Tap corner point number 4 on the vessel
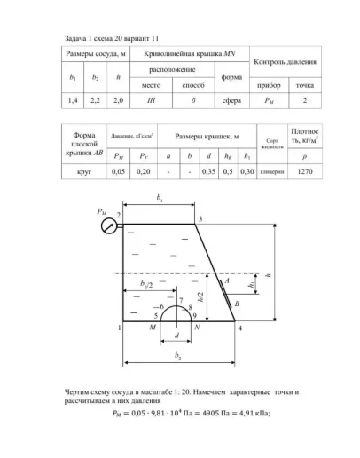tap(241, 328)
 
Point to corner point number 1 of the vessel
tap(119, 328)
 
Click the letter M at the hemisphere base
tap(153, 328)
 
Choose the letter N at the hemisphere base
tap(197, 328)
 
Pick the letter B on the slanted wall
tap(237, 304)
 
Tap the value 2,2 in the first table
tap(94, 102)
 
